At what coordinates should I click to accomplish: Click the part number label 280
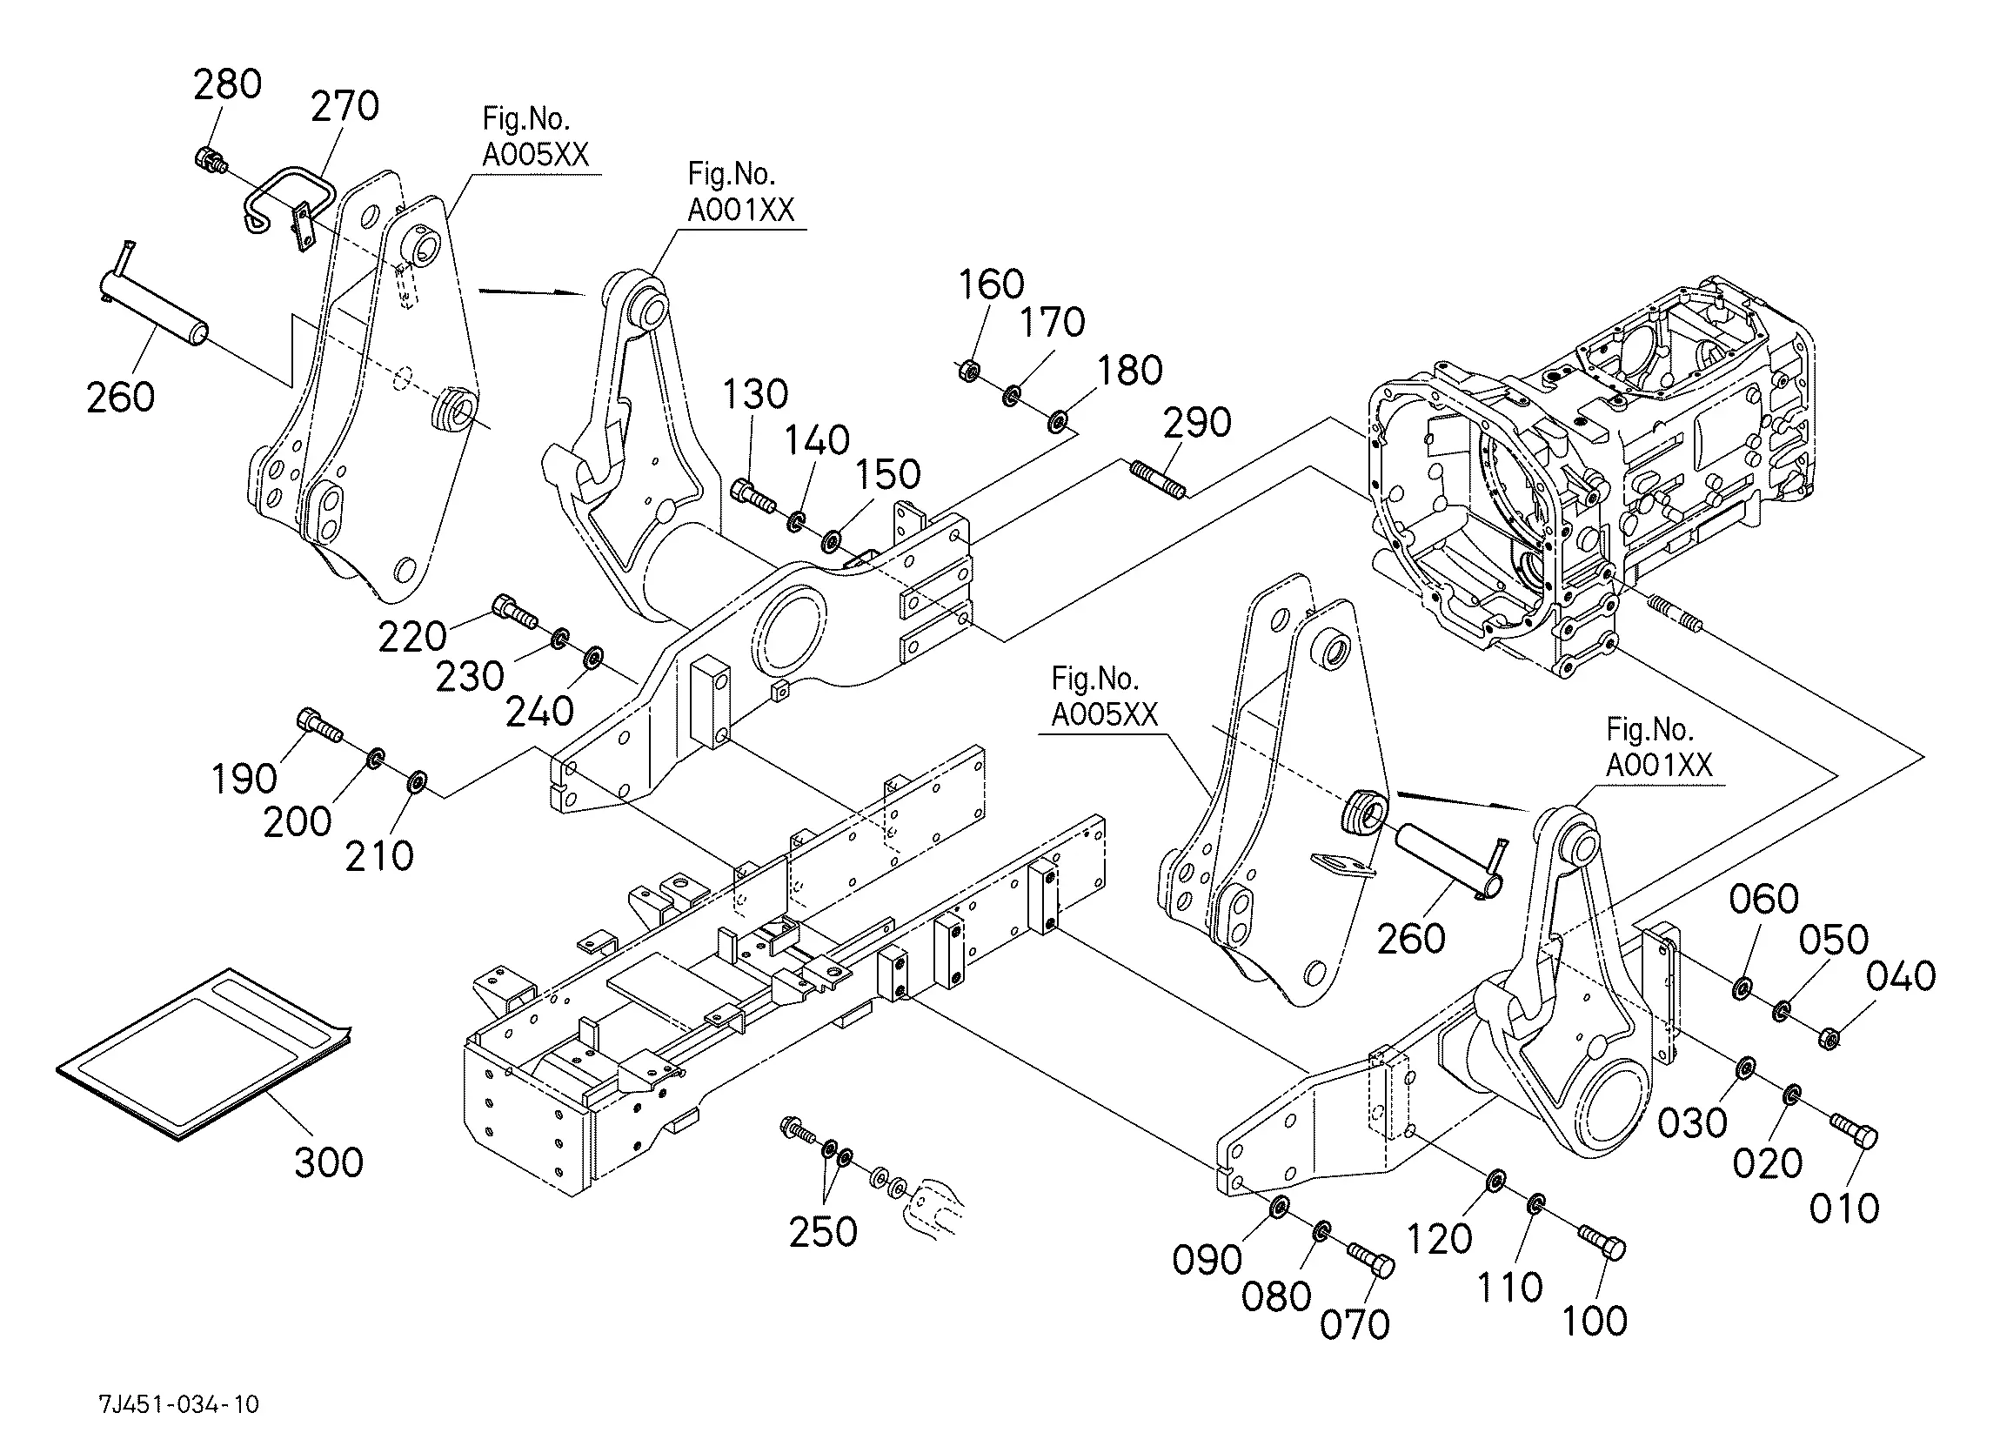(228, 84)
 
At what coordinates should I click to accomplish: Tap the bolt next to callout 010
(1855, 1130)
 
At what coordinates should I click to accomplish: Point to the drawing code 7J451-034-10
(179, 1404)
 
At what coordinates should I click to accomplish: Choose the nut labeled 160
(968, 370)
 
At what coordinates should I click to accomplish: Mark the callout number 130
(755, 394)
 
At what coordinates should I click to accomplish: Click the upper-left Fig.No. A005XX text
(534, 137)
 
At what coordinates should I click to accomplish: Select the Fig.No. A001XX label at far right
(1658, 747)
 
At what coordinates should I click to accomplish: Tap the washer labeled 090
(1278, 1206)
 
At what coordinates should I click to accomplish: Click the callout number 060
(1763, 899)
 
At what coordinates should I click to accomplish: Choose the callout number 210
(379, 857)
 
